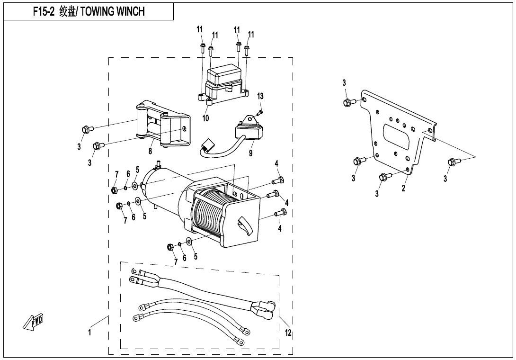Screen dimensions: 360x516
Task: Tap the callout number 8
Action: [150, 151]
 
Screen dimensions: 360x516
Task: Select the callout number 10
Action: [206, 118]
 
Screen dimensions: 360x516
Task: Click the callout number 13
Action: [260, 96]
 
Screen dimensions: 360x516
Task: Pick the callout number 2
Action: [403, 188]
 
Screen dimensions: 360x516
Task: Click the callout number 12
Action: [288, 333]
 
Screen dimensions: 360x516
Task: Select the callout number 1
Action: [89, 333]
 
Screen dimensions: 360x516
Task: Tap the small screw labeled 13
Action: [259, 112]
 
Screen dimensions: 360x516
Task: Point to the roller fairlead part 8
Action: [163, 124]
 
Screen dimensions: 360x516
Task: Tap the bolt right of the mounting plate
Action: [452, 162]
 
